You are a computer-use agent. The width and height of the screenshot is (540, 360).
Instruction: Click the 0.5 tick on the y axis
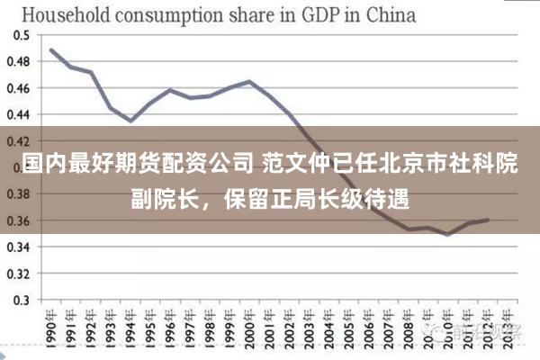(x=20, y=35)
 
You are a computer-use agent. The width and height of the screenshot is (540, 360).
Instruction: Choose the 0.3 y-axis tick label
(x=20, y=300)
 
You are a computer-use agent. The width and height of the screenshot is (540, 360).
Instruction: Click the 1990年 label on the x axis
(x=51, y=329)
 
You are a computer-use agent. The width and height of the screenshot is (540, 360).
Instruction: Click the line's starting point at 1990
(x=51, y=49)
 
